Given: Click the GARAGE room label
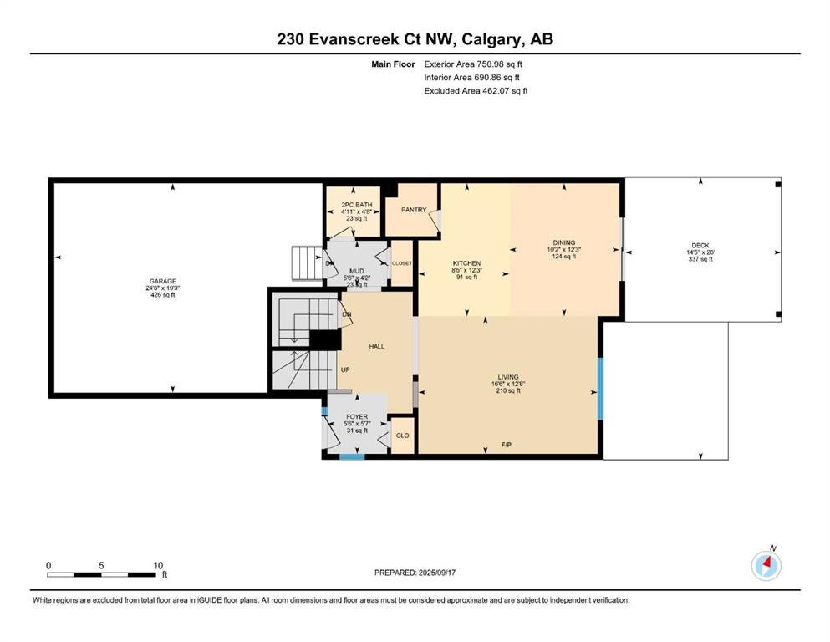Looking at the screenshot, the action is tap(162, 282).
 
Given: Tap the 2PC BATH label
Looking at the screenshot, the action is tap(357, 205).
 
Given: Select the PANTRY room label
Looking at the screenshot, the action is tap(414, 210).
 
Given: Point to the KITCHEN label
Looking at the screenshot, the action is tap(467, 263).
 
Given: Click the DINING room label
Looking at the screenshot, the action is tap(564, 243).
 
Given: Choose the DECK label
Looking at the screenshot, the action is tap(700, 246).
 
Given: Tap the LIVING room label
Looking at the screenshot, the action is tap(508, 377).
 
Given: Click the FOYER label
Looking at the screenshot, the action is tap(357, 417).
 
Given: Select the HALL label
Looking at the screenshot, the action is tap(377, 347).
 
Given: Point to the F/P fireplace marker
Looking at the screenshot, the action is tap(507, 445).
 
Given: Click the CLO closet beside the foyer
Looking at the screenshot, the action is tap(403, 436).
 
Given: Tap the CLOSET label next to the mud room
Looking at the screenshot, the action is tap(402, 263).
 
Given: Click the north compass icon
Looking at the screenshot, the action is tap(766, 565).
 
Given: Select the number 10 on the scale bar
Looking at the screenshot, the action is tap(158, 566).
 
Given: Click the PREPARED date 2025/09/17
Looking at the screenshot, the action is tap(437, 573).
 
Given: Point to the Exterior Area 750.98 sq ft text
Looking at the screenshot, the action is tap(473, 64).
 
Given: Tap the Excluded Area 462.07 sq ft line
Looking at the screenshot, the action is tap(476, 91).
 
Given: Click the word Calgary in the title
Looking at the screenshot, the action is tap(490, 39).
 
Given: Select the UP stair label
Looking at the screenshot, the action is tap(345, 370).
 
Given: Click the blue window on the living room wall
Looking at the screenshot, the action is tap(600, 389).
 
